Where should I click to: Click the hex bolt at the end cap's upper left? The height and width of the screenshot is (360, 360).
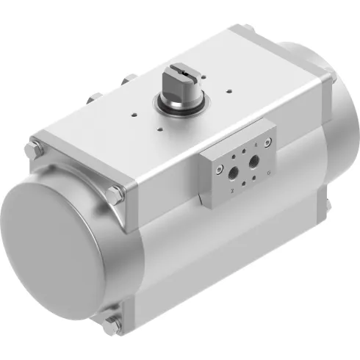pos(32,151)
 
